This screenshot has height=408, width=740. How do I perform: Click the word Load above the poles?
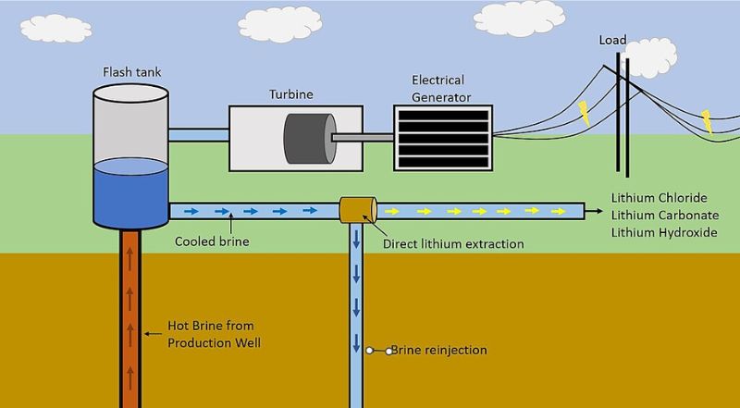coord(613,41)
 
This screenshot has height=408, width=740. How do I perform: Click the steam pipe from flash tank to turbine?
coord(198,135)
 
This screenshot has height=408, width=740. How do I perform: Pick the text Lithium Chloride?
coord(659,198)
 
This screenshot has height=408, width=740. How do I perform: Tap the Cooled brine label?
coord(212,244)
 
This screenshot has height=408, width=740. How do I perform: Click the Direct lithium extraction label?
coord(453,244)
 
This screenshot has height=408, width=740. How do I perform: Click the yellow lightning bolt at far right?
coord(707,120)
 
